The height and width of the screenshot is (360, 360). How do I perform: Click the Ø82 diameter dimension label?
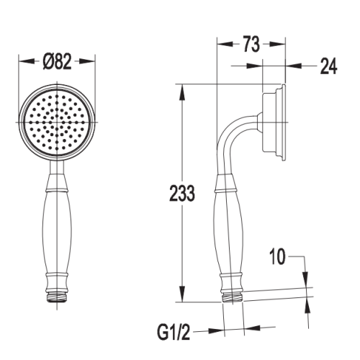[57, 61]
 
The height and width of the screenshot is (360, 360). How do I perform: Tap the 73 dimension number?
[251, 44]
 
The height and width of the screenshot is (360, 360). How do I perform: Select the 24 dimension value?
[329, 66]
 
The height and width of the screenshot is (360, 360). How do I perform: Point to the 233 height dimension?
[182, 193]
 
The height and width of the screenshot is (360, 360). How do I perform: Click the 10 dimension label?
[277, 256]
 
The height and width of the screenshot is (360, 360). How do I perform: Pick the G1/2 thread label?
[174, 332]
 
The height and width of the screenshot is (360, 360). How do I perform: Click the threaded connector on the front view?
[57, 297]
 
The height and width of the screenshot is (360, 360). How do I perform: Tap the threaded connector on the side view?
[233, 297]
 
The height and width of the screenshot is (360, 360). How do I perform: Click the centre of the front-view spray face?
[57, 122]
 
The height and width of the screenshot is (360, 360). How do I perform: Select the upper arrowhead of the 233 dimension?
[182, 92]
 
